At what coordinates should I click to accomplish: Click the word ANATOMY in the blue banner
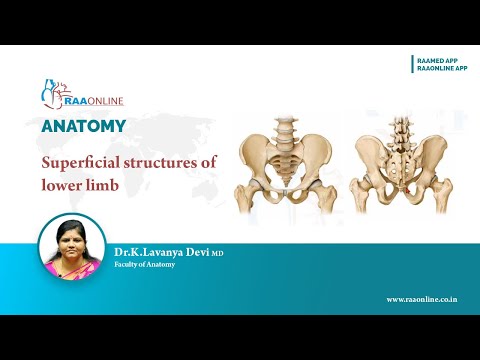coord(84,127)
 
